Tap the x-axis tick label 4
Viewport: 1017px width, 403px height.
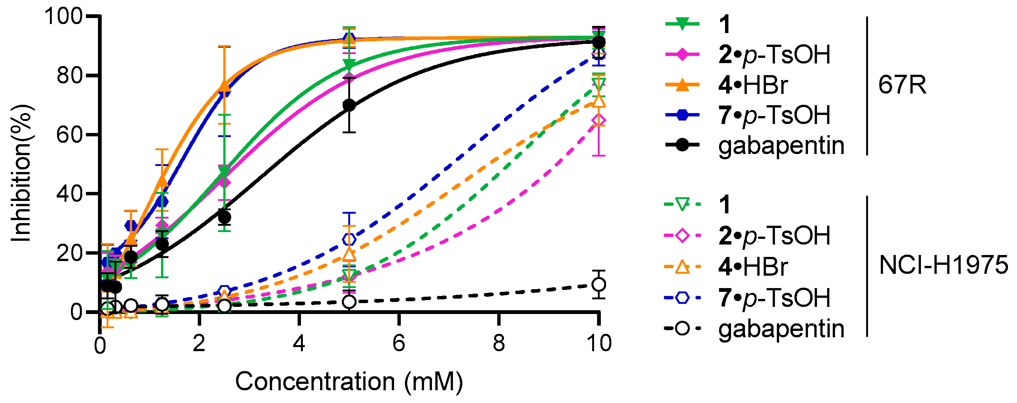[299, 343]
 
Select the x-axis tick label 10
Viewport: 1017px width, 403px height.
[599, 343]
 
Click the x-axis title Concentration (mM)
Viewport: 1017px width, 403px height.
[349, 382]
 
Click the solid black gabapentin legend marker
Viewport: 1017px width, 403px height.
[682, 145]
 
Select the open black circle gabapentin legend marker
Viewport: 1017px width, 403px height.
[682, 328]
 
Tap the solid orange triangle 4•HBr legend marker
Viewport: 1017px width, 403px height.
[682, 85]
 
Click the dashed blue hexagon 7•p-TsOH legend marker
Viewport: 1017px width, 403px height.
[682, 297]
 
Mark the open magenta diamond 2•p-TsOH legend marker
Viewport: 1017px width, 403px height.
[682, 236]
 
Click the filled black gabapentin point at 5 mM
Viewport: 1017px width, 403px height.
[349, 105]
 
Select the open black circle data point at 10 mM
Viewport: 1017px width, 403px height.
[599, 284]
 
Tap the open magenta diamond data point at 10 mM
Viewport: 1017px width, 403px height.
[599, 121]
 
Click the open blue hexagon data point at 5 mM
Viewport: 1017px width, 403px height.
[349, 239]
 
